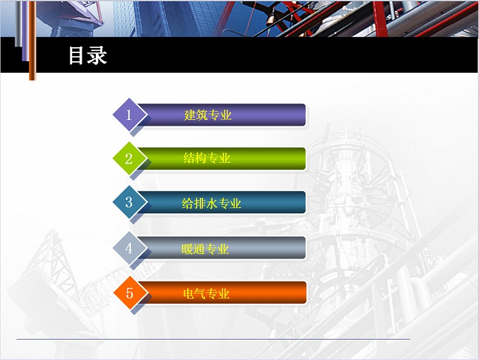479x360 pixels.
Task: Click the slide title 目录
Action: (87, 56)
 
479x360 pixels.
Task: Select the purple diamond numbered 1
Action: (130, 115)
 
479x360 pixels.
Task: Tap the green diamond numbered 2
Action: (130, 158)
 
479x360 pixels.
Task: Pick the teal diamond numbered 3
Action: (130, 202)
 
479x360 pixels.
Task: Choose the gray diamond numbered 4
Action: (130, 248)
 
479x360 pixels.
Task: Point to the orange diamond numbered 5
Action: (130, 293)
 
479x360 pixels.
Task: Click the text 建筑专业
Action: (208, 115)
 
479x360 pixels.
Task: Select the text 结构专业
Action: (207, 158)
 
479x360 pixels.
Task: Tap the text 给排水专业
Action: (211, 204)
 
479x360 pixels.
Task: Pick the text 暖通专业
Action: (205, 249)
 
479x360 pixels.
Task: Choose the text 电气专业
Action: (206, 294)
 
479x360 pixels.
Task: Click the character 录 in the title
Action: (97, 56)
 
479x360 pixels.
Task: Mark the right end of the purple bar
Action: (305, 115)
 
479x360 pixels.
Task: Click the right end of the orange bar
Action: (306, 293)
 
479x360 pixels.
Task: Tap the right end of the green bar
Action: (305, 158)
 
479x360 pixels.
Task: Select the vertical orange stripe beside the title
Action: (33, 40)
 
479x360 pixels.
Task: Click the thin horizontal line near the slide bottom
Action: (213, 339)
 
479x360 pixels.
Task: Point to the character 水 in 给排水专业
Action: (211, 204)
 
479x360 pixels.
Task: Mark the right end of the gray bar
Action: (305, 248)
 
